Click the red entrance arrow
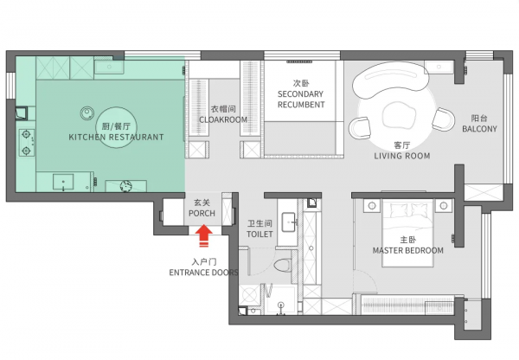(x=204, y=235)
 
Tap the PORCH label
(x=202, y=213)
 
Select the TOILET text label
(x=259, y=235)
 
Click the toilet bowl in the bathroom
(x=283, y=265)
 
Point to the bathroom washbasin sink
(x=289, y=222)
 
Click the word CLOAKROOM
(x=223, y=119)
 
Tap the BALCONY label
(x=479, y=129)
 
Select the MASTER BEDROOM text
(x=408, y=250)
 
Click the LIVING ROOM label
(x=402, y=156)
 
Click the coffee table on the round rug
(x=398, y=115)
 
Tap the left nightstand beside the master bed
(x=372, y=206)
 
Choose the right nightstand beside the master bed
(x=444, y=206)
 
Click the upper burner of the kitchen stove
(x=26, y=134)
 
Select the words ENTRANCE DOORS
(x=203, y=273)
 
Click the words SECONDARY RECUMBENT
(x=301, y=100)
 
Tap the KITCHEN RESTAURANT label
(x=116, y=137)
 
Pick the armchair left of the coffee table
(x=360, y=128)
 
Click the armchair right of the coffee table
(x=443, y=119)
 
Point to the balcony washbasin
(x=439, y=67)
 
